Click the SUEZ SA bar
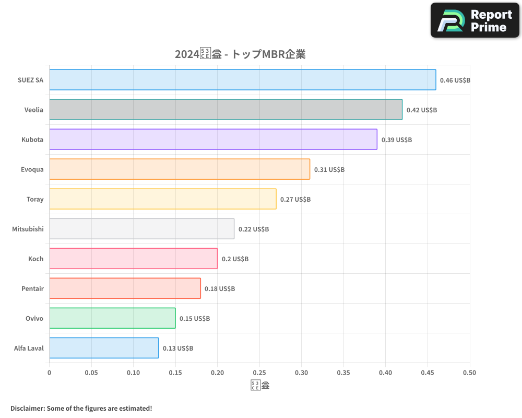pos(243,80)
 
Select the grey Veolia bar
pos(226,110)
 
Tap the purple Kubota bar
pos(213,140)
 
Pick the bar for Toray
pos(163,199)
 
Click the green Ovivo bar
pos(112,318)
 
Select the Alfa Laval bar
pos(104,348)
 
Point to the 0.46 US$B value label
pos(455,80)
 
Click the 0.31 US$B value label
pos(329,170)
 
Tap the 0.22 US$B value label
pos(254,229)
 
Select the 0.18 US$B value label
pos(220,289)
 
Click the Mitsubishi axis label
pos(28,229)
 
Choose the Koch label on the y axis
pos(35,259)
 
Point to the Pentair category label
pos(32,288)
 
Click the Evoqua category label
pos(32,169)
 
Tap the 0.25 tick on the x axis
pos(259,373)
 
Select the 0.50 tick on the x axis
pos(469,373)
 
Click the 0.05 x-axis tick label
pos(91,373)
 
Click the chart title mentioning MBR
pos(240,54)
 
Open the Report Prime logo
pos(475,20)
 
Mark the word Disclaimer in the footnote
pos(27,408)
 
